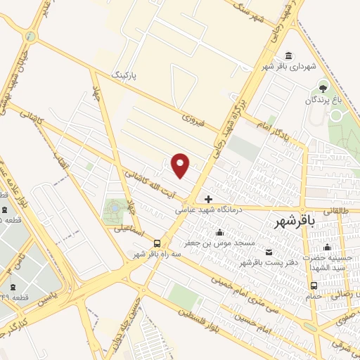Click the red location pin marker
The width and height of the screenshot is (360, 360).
[x=181, y=165]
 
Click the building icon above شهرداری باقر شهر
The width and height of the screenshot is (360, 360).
[x=288, y=56]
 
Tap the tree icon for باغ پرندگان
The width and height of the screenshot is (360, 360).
[x=323, y=88]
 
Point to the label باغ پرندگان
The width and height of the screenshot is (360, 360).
[x=323, y=101]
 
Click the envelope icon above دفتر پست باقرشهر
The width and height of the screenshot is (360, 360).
[x=268, y=252]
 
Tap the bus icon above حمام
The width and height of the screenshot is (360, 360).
[x=314, y=285]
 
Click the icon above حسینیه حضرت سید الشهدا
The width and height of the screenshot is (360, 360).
[x=326, y=247]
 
